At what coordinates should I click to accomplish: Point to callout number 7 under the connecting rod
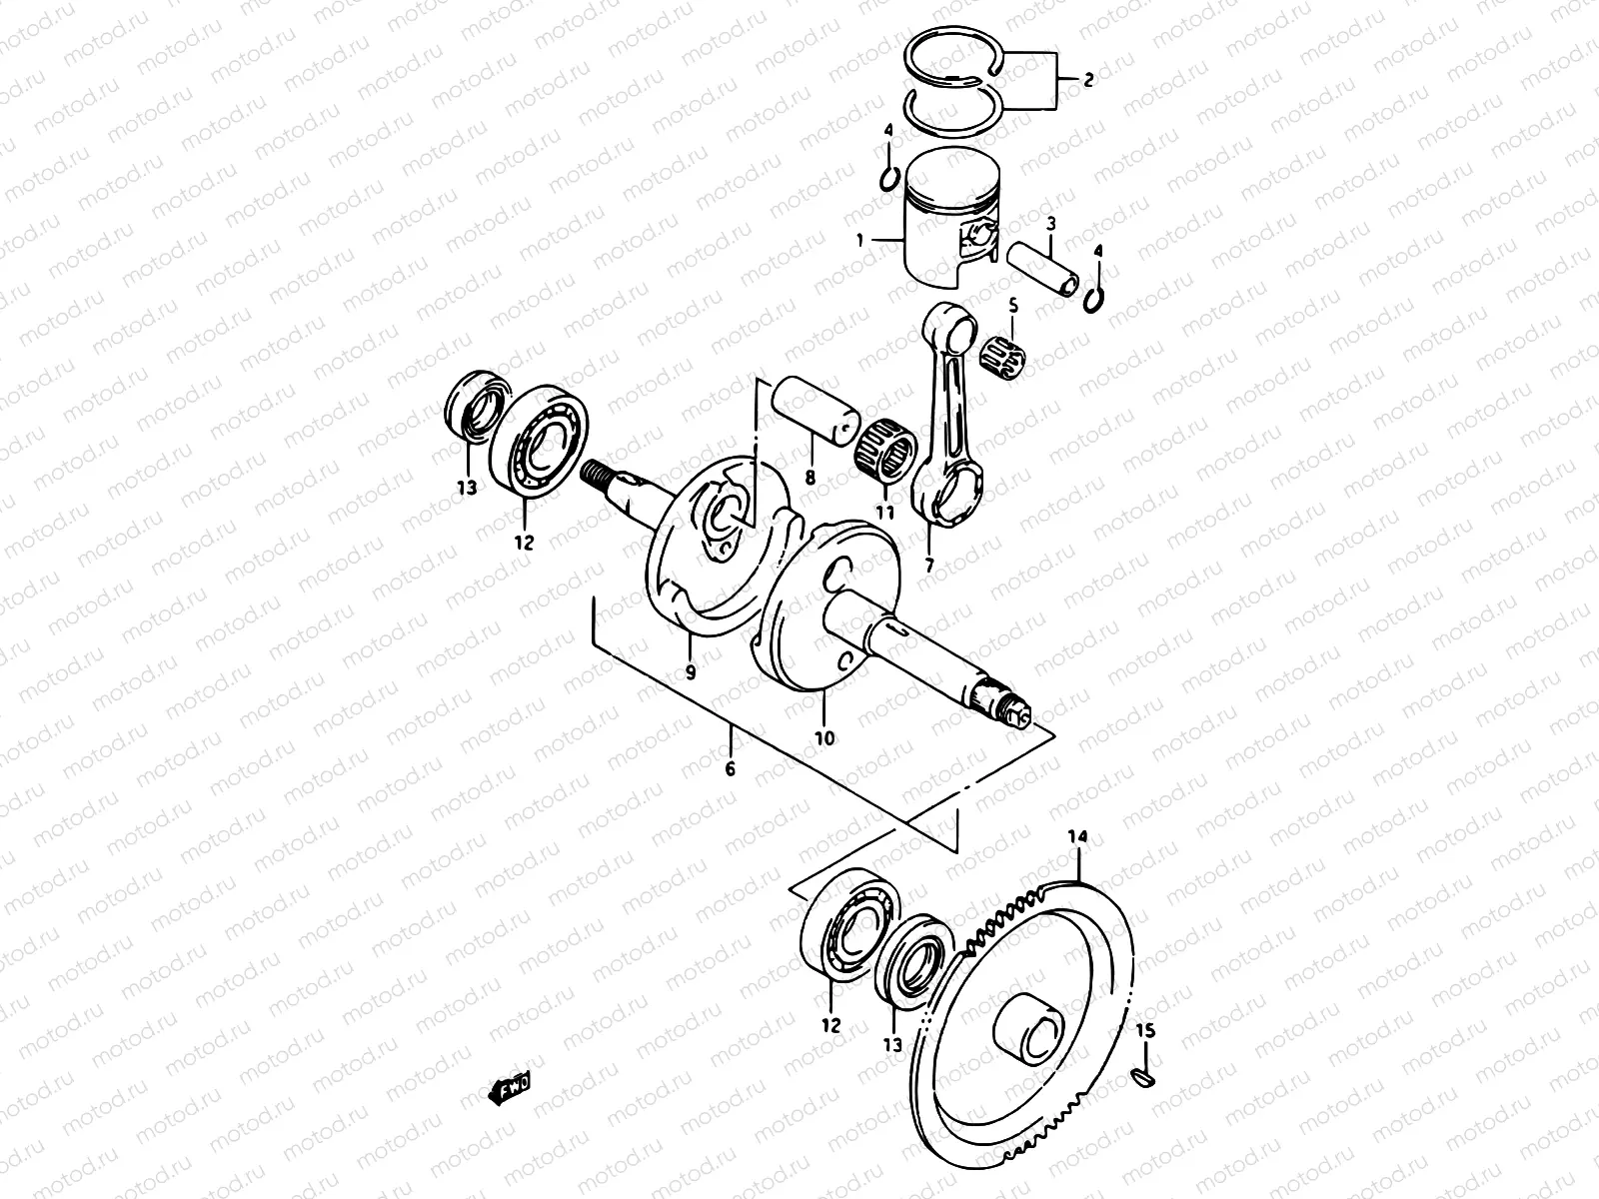[x=929, y=566]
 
